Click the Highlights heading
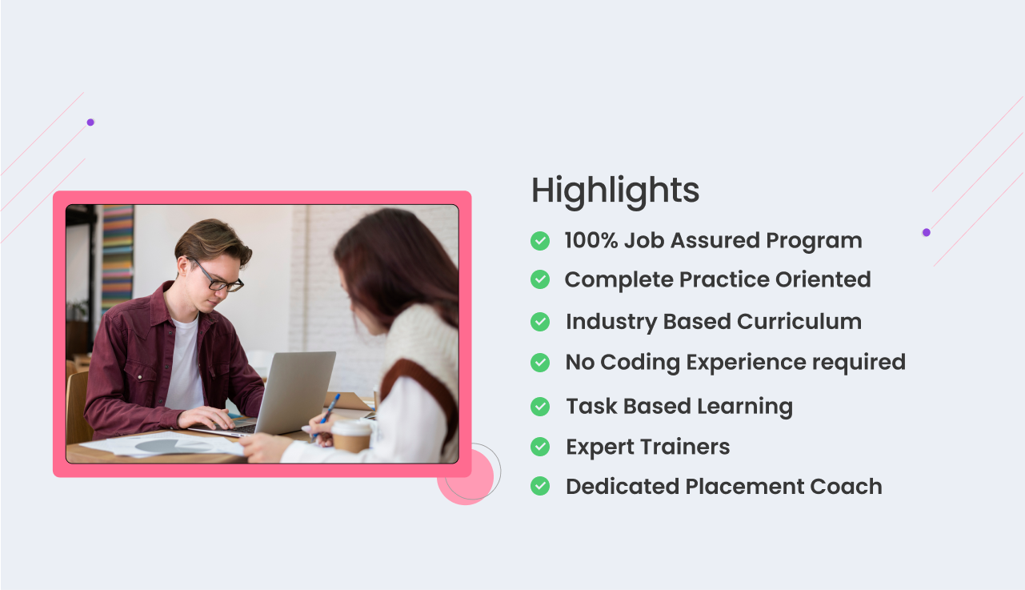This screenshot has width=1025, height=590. (x=615, y=191)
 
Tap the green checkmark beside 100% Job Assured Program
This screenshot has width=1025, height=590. (x=540, y=241)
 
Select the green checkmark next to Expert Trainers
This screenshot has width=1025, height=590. (x=540, y=447)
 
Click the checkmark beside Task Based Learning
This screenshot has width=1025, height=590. (x=540, y=407)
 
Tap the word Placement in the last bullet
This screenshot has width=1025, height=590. (x=744, y=486)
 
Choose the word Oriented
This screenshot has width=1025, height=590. (x=823, y=279)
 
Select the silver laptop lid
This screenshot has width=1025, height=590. (x=295, y=391)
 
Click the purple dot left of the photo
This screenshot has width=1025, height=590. (x=90, y=122)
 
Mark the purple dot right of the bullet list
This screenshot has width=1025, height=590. (x=926, y=232)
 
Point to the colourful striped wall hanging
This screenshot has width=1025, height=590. (x=118, y=256)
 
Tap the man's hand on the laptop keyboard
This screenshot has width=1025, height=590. (x=206, y=417)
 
